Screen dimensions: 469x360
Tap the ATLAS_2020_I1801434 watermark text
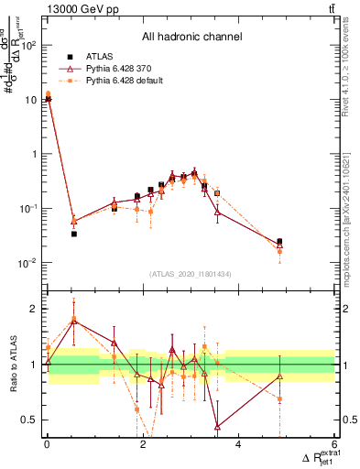pyautogui.click(x=191, y=274)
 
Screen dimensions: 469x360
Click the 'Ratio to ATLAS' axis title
pyautogui.click(x=16, y=365)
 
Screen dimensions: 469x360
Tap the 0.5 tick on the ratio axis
pyautogui.click(x=30, y=420)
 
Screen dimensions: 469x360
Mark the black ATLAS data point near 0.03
pyautogui.click(x=74, y=234)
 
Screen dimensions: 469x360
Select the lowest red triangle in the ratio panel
pyautogui.click(x=217, y=426)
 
